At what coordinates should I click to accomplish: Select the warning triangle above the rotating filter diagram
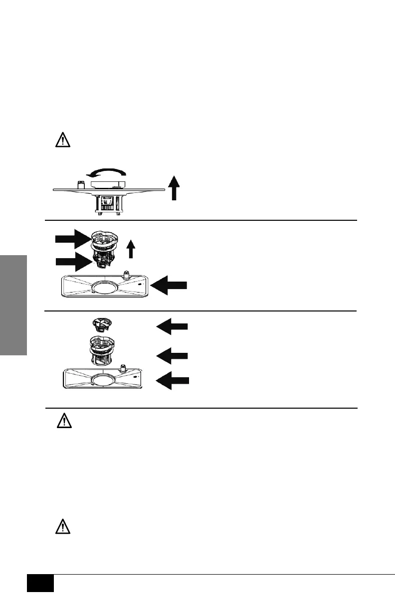click(x=62, y=141)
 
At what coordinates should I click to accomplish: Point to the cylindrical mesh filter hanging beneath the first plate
click(x=108, y=205)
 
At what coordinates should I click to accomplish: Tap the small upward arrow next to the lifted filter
click(x=131, y=248)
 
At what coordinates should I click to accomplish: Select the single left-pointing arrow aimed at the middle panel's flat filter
click(x=169, y=285)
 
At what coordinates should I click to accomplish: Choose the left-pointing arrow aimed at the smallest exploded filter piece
click(x=173, y=326)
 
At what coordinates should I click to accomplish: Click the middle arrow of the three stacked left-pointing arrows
click(x=173, y=355)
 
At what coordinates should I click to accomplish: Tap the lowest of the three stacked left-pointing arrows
click(x=173, y=380)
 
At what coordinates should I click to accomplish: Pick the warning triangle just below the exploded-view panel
click(x=62, y=422)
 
